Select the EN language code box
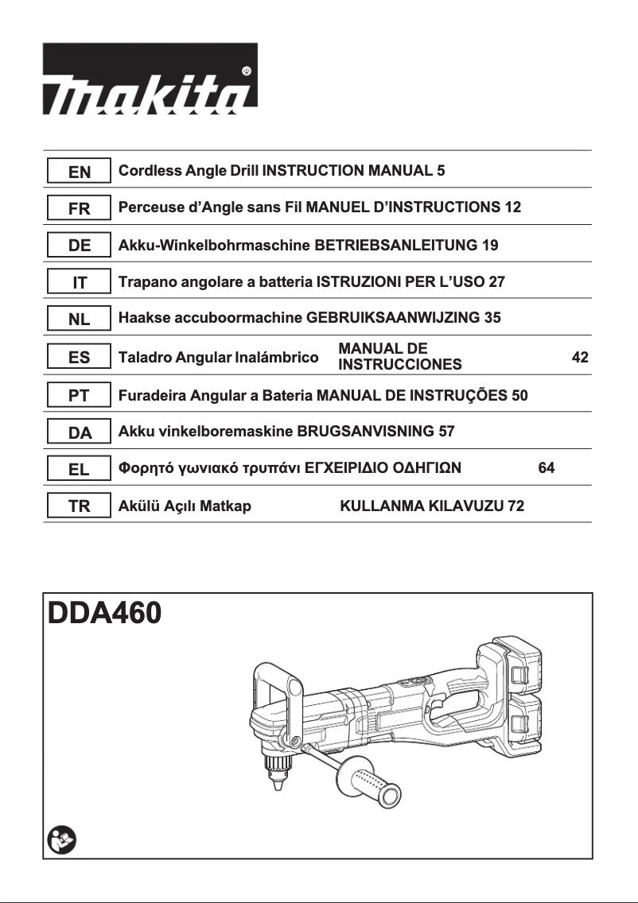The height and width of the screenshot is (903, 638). coord(79,172)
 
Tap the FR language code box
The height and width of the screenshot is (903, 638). coord(79,208)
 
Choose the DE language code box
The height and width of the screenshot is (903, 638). coord(79,246)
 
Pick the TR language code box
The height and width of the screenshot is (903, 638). coord(79,506)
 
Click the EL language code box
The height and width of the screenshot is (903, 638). coord(79,469)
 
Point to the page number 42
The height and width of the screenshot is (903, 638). coord(580,358)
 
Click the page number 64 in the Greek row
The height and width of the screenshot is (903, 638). coord(546,468)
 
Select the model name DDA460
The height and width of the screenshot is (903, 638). coord(104,614)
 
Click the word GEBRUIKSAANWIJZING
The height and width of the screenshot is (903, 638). coord(393,318)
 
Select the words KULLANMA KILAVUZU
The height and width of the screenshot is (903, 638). coord(422,506)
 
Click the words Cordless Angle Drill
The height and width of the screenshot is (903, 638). coord(189,171)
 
